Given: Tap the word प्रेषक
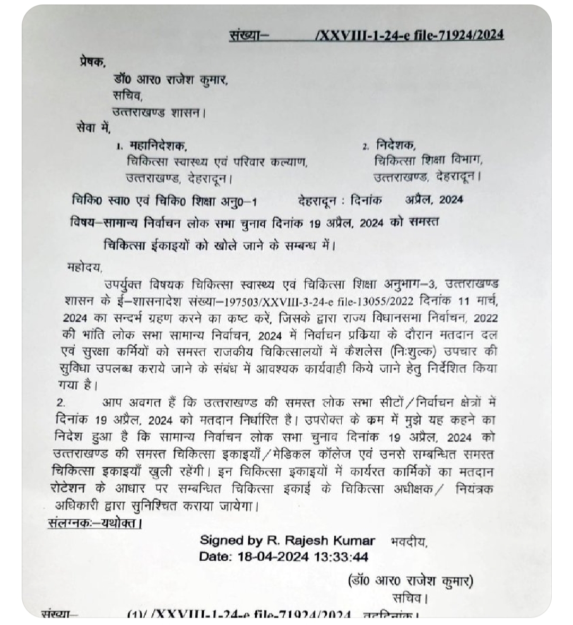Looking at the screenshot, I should (92, 61).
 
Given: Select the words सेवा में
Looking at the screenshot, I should (93, 127).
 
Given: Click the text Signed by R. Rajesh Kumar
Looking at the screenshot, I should (287, 541).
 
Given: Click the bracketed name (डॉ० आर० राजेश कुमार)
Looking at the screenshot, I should (410, 581).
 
